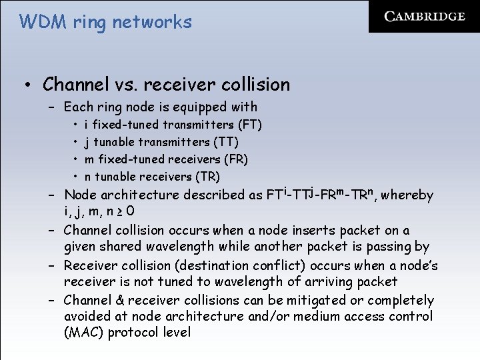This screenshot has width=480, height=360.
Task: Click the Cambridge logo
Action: tap(424, 17)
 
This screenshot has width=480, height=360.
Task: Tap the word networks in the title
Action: tap(152, 22)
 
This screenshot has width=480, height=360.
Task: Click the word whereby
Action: tap(408, 195)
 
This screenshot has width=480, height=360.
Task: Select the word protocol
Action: tap(138, 333)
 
